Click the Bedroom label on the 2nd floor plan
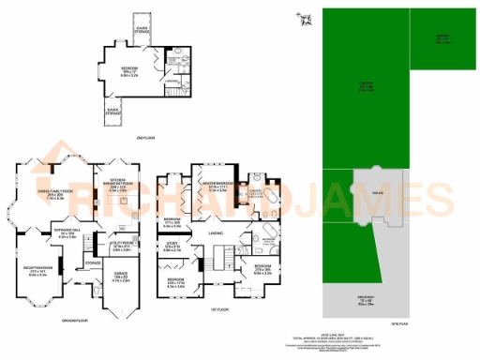pyautogui.click(x=129, y=70)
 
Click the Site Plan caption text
pyautogui.click(x=400, y=322)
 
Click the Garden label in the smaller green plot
pyautogui.click(x=442, y=37)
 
